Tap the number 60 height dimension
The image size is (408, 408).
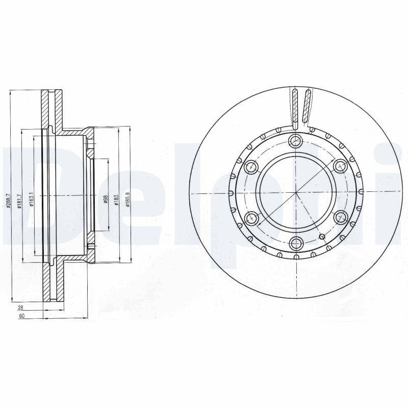pyautogui.click(x=21, y=317)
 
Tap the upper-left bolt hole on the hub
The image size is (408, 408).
pyautogui.click(x=251, y=167)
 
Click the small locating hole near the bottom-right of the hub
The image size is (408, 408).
pyautogui.click(x=322, y=237)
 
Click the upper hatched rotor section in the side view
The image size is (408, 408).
pyautogui.click(x=53, y=110)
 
